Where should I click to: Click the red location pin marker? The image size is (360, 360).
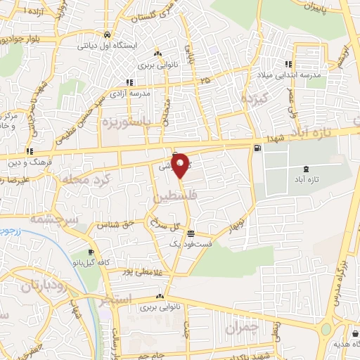pyautogui.click(x=180, y=165)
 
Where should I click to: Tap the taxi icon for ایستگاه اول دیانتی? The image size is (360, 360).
pyautogui.click(x=106, y=34)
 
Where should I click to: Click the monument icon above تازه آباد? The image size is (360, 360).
pyautogui.click(x=304, y=169)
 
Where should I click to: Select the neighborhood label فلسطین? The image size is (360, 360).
pyautogui.click(x=172, y=200)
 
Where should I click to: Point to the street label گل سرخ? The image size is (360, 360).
pyautogui.click(x=154, y=226)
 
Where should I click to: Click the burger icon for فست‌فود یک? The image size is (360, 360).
pyautogui.click(x=191, y=234)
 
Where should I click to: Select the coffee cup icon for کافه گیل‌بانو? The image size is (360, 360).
pyautogui.click(x=91, y=252)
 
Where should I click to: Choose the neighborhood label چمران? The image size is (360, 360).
pyautogui.click(x=243, y=327)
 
